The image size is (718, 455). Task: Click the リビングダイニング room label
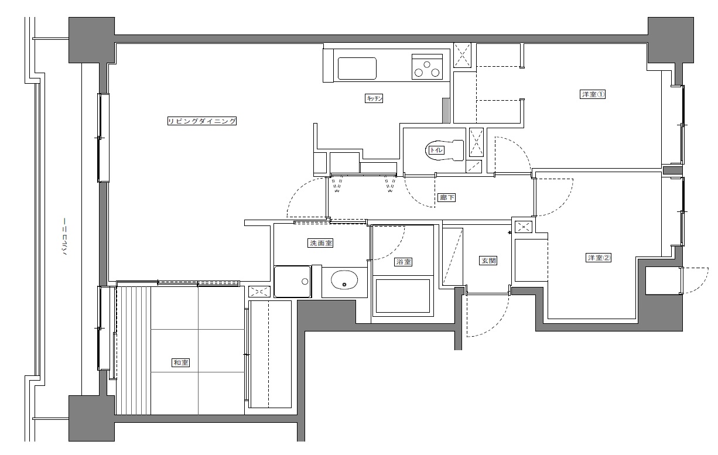pyautogui.click(x=202, y=121)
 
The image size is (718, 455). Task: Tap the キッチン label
pyautogui.click(x=374, y=98)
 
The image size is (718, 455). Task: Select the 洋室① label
pyautogui.click(x=593, y=94)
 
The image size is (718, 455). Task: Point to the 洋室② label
pyautogui.click(x=599, y=258)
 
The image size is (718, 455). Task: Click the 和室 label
pyautogui.click(x=181, y=362)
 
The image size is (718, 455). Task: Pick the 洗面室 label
pyautogui.click(x=320, y=243)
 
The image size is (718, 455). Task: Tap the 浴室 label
pyautogui.click(x=404, y=262)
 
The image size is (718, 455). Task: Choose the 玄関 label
pyautogui.click(x=488, y=261)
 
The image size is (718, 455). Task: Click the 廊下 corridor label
pyautogui.click(x=447, y=197)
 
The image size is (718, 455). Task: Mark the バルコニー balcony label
pyautogui.click(x=64, y=237)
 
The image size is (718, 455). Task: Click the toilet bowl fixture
pyautogui.click(x=445, y=150)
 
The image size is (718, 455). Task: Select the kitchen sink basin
pyautogui.click(x=357, y=69)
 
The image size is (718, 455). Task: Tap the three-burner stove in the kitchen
pyautogui.click(x=427, y=67)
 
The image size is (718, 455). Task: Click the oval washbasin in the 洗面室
pyautogui.click(x=344, y=280)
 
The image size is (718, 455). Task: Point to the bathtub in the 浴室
pyautogui.click(x=402, y=296)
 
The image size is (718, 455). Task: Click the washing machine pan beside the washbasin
pyautogui.click(x=292, y=281)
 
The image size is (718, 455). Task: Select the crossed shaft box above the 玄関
pyautogui.click(x=524, y=227)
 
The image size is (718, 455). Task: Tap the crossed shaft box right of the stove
pyautogui.click(x=462, y=55)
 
